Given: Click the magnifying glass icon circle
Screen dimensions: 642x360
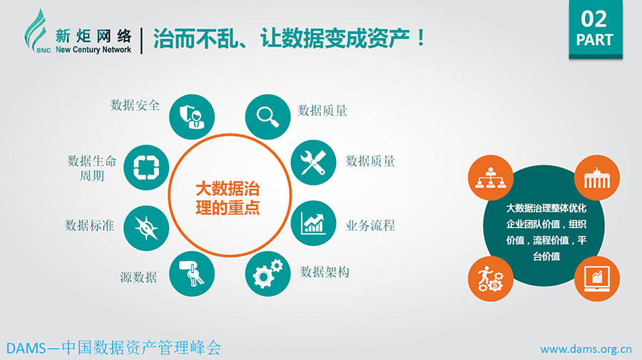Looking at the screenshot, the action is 267,117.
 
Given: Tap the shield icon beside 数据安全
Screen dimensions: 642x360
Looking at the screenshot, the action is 192,117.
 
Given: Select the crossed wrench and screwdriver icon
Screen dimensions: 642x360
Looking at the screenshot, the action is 313,163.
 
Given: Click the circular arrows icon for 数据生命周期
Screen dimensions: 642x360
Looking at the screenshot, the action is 146,168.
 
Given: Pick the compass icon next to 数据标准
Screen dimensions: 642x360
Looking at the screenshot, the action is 146,228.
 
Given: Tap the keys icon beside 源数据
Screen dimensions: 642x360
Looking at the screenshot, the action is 192,274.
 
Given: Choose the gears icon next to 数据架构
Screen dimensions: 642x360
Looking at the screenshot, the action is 267,274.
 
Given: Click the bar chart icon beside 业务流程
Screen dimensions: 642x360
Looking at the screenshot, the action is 313,223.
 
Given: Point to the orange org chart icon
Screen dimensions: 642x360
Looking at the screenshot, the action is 491,178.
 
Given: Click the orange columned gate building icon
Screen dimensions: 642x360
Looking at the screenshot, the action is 597,178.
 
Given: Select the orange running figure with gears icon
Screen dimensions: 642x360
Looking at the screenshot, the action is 491,279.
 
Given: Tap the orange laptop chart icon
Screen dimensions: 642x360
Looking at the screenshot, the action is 597,279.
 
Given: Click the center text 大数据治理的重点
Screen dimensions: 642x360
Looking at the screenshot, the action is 228,198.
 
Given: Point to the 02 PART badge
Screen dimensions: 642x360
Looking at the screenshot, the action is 596,29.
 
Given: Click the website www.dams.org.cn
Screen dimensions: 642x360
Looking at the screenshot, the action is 586,349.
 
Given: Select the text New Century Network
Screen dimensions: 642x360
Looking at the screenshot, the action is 93,49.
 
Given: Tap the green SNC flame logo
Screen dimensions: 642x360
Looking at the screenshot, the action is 36,31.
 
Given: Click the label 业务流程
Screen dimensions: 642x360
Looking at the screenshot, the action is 370,225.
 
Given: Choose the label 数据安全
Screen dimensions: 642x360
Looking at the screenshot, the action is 135,105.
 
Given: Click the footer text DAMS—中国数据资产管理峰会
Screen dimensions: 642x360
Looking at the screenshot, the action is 113,348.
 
